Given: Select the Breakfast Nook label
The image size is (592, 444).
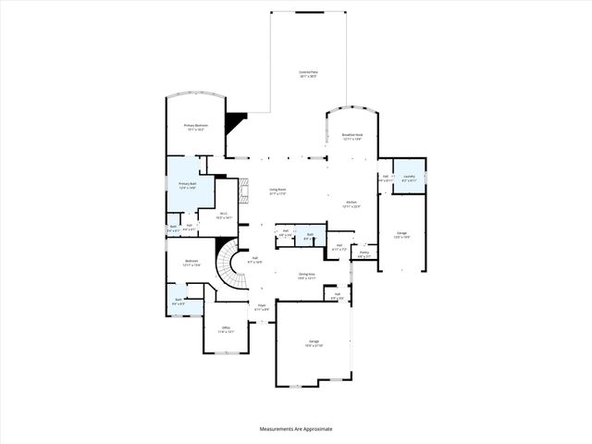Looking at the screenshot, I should click(x=353, y=137).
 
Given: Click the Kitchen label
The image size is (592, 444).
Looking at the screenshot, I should click(x=351, y=204).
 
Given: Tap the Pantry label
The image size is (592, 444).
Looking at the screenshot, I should click(x=364, y=253).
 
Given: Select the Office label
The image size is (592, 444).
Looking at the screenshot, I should click(x=226, y=329).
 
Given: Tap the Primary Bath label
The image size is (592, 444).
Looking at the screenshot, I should click(x=190, y=186).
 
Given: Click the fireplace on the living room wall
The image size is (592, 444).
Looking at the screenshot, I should click(x=245, y=192).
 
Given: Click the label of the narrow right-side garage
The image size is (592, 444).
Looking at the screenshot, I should click(x=401, y=235).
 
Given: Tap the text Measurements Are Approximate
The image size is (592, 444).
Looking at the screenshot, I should click(x=296, y=428).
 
